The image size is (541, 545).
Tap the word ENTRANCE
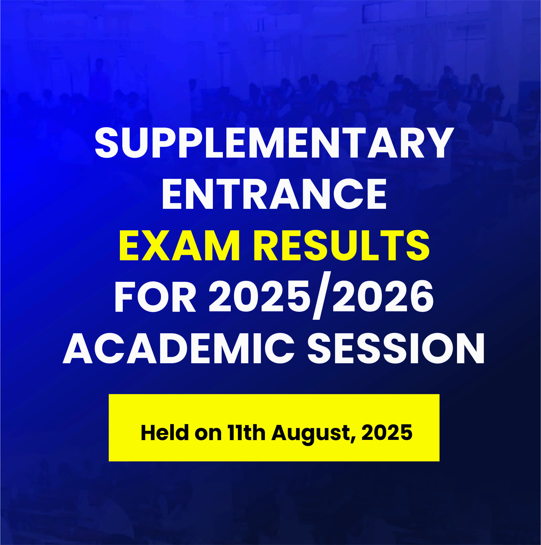click(274, 194)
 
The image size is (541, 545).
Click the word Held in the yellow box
click(165, 433)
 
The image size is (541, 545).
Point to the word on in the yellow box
click(208, 435)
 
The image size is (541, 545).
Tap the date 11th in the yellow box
click(247, 433)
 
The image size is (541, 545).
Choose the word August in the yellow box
click(311, 434)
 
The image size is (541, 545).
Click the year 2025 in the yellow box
click(387, 433)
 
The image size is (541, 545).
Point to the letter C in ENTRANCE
click(349, 194)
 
